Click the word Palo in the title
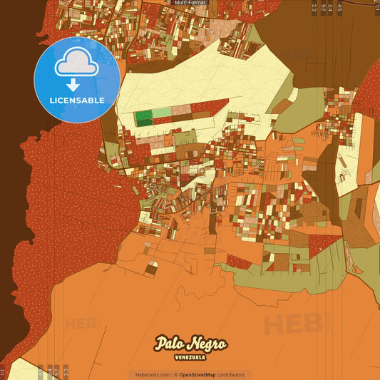pos(170,344)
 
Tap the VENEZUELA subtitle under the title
pos(190,357)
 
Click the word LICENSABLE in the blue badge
pos(77,101)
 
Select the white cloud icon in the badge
pos(77,65)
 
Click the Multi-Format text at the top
pos(190,3)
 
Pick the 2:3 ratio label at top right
pos(314,8)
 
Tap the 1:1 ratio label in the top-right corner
pos(375,8)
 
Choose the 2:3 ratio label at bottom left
pos(66,371)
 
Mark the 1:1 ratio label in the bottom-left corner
pos(3,371)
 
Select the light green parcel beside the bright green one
pos(163,113)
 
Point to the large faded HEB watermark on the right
pos(293,324)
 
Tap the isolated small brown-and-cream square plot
pos(151,268)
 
